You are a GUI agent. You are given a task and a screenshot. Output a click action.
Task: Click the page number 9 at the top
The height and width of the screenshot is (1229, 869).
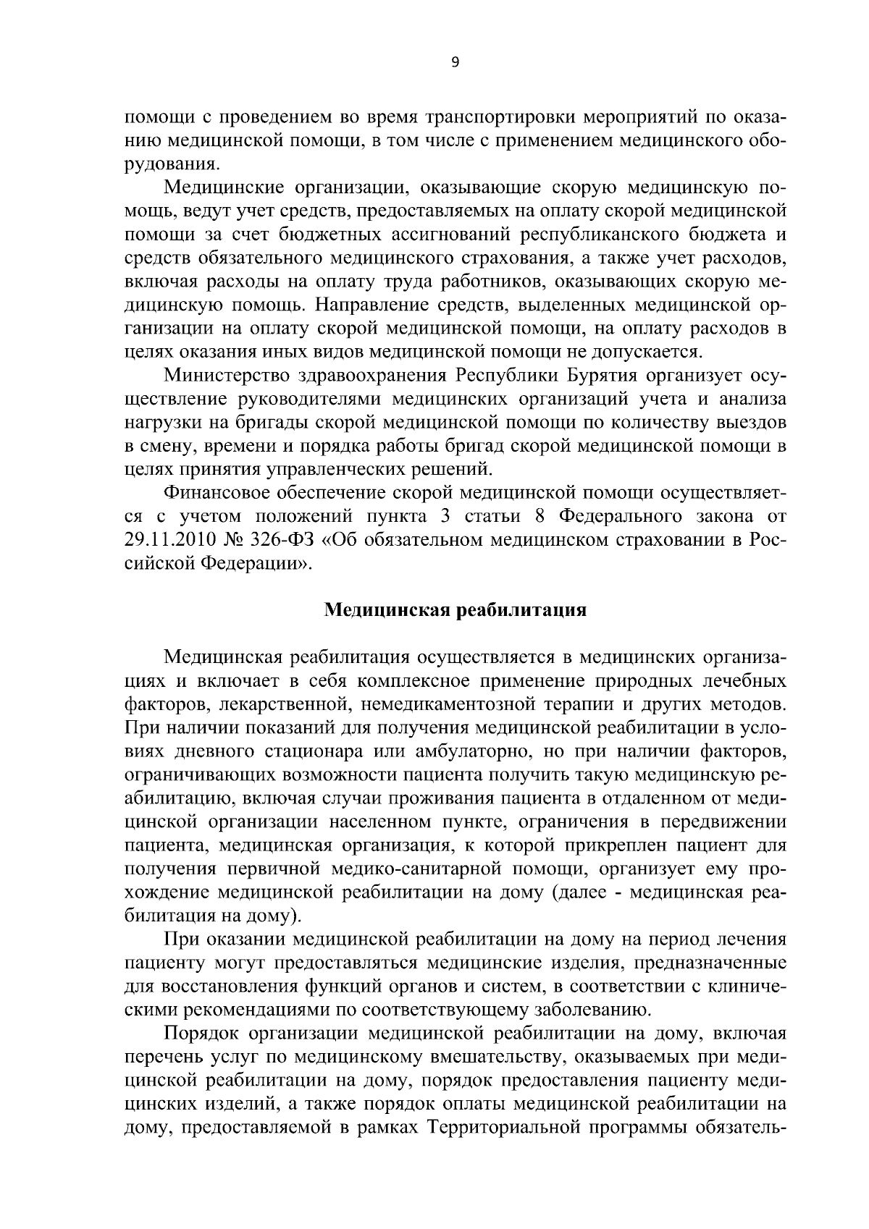[x=455, y=63]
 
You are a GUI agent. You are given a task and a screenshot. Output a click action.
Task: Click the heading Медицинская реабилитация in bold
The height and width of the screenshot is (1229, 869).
[x=454, y=609]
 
